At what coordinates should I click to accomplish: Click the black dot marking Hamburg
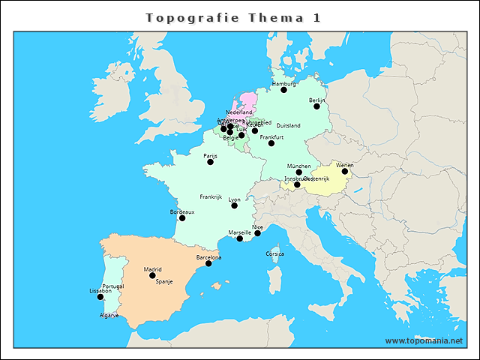click(284, 90)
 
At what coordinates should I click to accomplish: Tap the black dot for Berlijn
click(316, 106)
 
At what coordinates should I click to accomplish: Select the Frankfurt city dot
click(271, 143)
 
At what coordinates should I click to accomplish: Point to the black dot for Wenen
click(345, 171)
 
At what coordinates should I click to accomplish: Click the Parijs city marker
click(210, 162)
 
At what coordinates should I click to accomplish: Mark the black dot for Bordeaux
click(182, 218)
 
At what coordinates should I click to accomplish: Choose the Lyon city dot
click(235, 205)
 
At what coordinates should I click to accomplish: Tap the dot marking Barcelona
click(208, 263)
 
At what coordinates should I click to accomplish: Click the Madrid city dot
click(153, 275)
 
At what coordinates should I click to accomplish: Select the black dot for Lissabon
click(100, 297)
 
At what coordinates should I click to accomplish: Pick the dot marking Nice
click(257, 232)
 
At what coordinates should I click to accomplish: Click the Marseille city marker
click(240, 238)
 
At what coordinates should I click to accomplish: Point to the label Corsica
click(275, 254)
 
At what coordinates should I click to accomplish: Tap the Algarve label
click(109, 316)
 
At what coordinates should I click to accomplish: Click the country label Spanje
click(164, 281)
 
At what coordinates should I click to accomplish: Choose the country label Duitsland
click(289, 125)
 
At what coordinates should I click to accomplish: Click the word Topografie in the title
click(184, 18)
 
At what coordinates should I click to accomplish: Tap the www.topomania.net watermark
click(424, 341)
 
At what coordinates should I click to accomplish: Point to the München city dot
click(299, 172)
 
